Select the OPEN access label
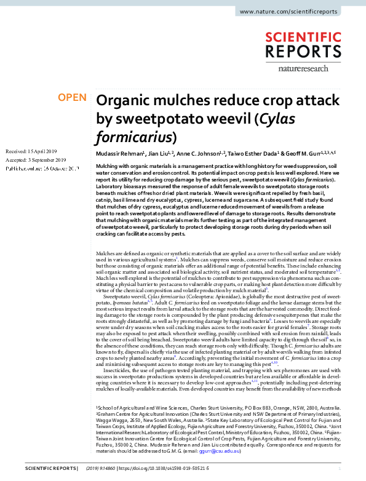pos(72,97)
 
